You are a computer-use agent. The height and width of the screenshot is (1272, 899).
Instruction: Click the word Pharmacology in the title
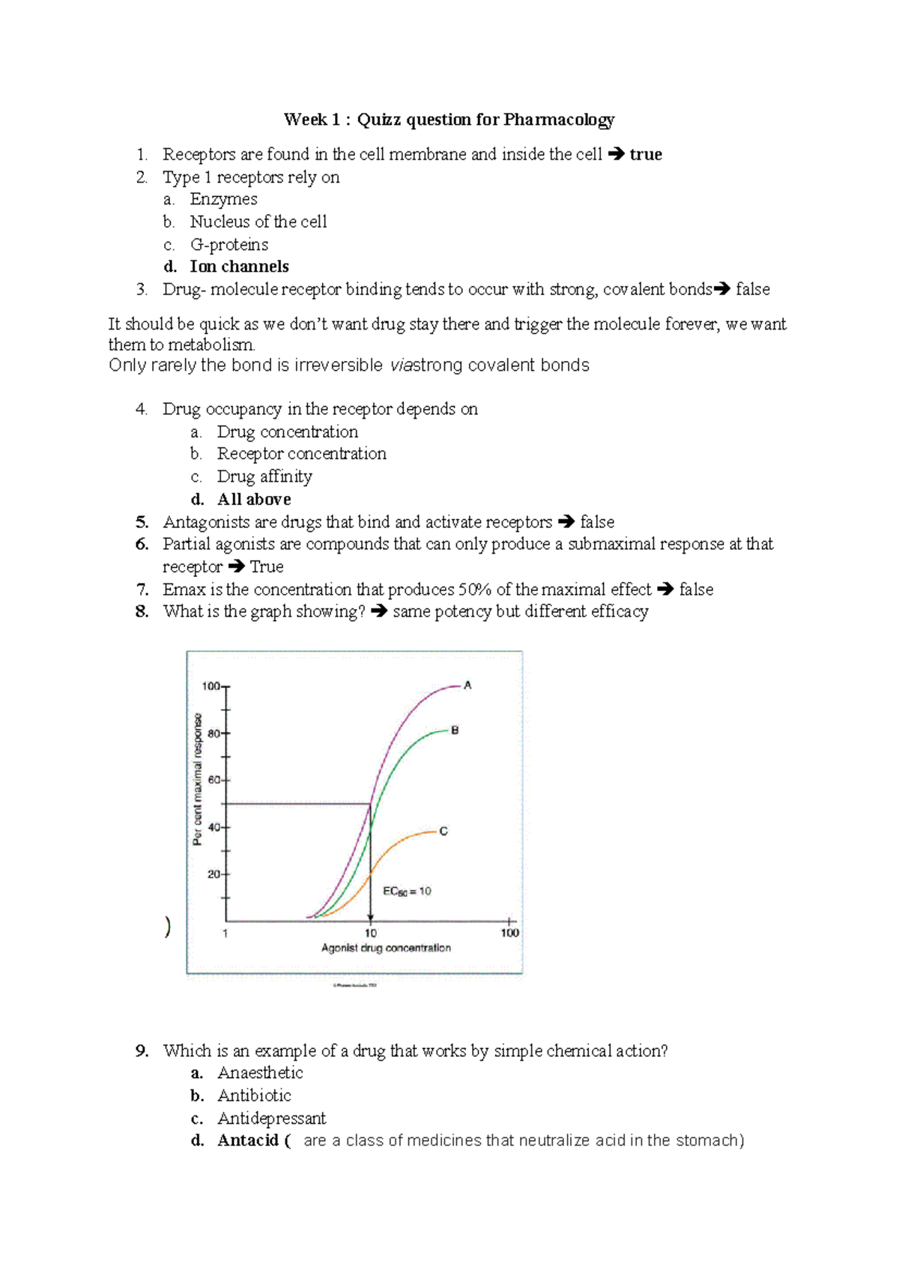point(559,120)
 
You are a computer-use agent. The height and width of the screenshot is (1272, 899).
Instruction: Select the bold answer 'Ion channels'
point(239,267)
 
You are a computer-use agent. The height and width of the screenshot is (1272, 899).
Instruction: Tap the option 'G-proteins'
point(228,244)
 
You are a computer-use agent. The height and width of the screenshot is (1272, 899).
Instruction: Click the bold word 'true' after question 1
point(646,154)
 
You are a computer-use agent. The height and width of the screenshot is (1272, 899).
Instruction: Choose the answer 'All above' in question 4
point(254,500)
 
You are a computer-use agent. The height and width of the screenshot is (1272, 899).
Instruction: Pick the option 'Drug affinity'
point(264,476)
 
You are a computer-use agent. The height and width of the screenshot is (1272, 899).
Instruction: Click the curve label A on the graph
point(467,685)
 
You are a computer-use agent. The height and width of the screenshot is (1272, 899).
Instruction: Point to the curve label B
point(455,730)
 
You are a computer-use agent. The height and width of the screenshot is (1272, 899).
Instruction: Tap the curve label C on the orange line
point(444,831)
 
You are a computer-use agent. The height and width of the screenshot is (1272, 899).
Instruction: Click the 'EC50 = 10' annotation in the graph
point(407,891)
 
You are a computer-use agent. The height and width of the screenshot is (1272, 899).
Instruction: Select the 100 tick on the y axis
point(211,686)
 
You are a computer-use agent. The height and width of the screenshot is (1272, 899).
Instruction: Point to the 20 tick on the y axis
point(214,874)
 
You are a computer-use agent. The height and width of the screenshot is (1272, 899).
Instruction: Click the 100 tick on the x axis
point(509,933)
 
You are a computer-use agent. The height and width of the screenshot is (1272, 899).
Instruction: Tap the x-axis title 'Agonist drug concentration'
point(386,948)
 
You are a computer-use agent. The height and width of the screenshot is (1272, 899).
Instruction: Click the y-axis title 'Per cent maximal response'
point(198,779)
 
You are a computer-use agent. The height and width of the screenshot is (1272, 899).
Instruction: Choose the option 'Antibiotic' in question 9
point(254,1096)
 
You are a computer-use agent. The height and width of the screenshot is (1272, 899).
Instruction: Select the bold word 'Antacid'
point(248,1141)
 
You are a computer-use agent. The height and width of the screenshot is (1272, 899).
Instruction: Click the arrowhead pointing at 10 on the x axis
point(370,918)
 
